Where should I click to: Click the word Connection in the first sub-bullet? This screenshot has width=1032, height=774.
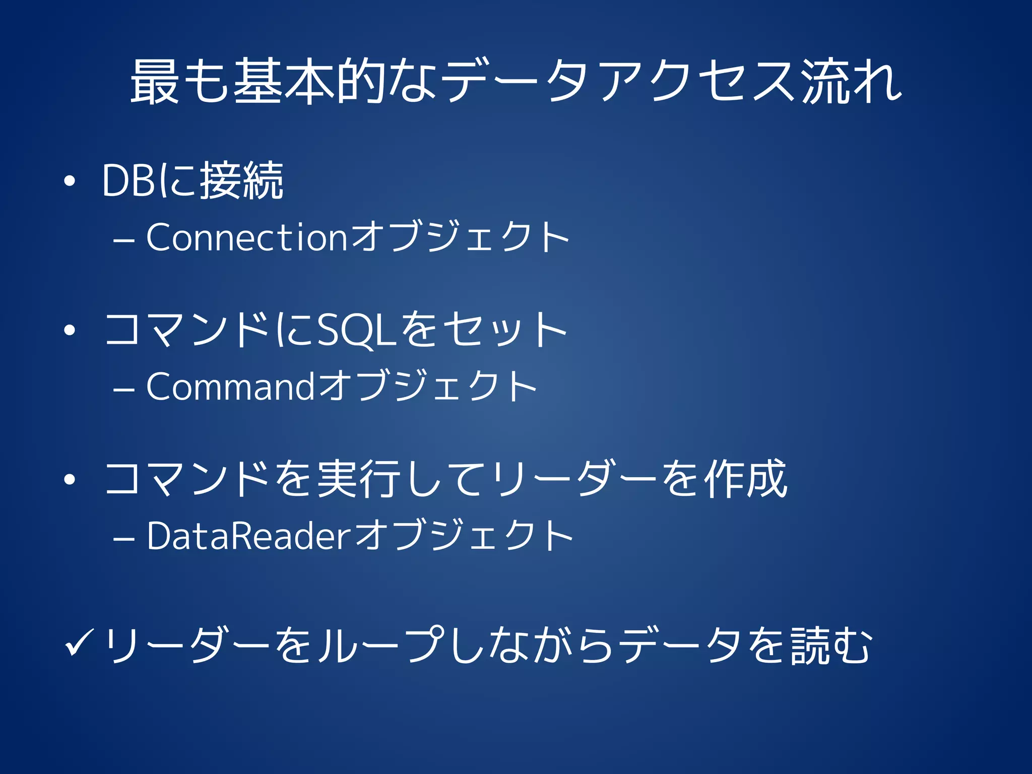[246, 237]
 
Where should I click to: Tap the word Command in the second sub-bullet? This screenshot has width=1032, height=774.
[231, 386]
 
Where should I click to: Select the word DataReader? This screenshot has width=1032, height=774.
[248, 536]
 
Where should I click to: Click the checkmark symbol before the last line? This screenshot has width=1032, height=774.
[79, 644]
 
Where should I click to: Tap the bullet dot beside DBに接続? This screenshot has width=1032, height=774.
[70, 182]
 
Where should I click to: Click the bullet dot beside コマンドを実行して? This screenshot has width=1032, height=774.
[70, 480]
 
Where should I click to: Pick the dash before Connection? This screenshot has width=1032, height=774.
[124, 240]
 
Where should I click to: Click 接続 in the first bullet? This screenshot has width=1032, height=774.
[242, 180]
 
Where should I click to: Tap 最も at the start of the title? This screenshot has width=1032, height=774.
[179, 82]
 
